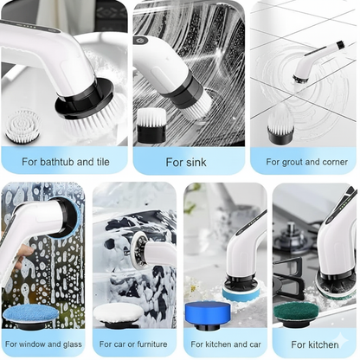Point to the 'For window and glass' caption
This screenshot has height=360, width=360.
42,344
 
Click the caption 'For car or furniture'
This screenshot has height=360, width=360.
134,344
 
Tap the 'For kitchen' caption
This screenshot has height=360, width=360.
315,344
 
